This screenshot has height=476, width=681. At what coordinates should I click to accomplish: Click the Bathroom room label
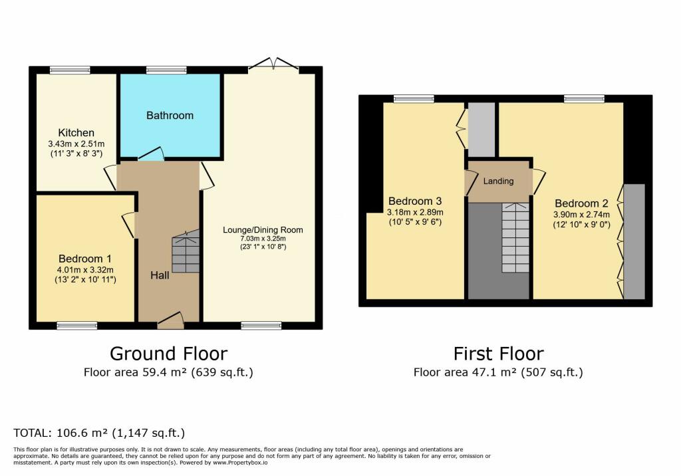(170, 116)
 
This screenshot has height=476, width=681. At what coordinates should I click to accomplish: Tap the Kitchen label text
(76, 132)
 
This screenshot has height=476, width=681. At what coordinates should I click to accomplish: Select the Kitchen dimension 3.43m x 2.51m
(76, 144)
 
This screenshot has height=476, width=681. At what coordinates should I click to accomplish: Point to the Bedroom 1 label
(85, 259)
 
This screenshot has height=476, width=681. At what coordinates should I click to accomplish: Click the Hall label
(160, 275)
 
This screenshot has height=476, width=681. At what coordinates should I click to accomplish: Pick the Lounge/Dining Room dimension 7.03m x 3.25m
(263, 239)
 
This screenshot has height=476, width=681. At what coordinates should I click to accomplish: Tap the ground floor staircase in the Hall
(186, 251)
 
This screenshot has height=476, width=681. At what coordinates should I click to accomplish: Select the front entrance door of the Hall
(171, 320)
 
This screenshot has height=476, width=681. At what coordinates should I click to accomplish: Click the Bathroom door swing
(151, 154)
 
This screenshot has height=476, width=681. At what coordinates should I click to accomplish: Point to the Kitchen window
(70, 70)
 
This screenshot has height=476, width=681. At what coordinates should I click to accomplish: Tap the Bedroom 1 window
(77, 325)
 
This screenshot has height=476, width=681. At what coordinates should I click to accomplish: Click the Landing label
(499, 181)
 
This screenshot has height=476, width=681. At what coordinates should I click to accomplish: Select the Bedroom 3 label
(415, 201)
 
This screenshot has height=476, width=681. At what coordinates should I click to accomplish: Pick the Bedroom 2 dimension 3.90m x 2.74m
(581, 215)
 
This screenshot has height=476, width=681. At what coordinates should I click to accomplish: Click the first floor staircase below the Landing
(516, 237)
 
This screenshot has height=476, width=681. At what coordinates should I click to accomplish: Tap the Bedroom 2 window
(584, 98)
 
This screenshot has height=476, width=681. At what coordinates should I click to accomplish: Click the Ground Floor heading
(168, 354)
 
